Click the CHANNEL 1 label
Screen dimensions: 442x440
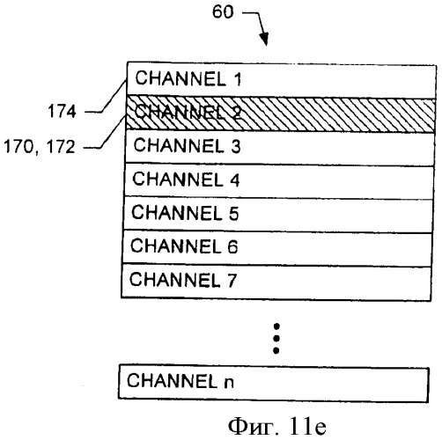188,78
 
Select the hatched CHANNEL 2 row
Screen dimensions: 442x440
280,114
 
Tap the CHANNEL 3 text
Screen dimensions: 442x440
187,145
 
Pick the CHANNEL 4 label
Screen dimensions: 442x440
186,179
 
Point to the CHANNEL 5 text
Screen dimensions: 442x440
185,212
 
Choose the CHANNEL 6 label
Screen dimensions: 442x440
184,246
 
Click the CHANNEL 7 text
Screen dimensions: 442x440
183,279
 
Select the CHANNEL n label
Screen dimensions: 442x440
180,381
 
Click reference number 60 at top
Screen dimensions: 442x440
223,12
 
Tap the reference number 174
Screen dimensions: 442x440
62,112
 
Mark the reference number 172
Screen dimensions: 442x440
61,146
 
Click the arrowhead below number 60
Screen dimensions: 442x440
264,40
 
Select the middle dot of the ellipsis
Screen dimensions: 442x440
276,339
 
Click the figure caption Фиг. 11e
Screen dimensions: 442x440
277,426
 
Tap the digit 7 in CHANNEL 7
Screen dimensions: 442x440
231,280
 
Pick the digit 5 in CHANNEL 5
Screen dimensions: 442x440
233,213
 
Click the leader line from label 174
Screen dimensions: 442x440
107,96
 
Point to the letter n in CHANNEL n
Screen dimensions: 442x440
229,383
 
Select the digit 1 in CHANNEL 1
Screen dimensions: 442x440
238,79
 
